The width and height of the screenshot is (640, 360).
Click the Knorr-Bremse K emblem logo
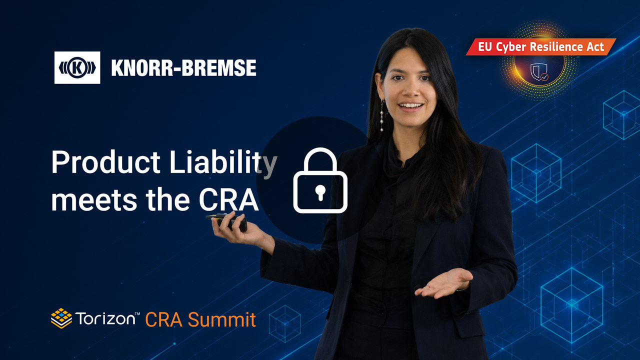point(77,67)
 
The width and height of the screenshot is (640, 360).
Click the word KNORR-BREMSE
point(183,68)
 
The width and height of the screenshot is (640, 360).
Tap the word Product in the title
point(105,162)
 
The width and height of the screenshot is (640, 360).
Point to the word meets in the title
point(94,200)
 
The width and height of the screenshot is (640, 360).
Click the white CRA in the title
point(228,199)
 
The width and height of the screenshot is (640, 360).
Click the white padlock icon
point(320,180)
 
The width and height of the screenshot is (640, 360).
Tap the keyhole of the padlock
point(320,192)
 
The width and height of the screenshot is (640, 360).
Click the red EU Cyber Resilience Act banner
point(541,47)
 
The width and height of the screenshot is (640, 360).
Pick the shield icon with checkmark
point(539,72)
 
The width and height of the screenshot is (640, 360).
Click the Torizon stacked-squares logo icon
point(61,318)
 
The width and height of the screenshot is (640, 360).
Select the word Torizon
point(105,319)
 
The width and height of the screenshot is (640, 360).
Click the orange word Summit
point(221,319)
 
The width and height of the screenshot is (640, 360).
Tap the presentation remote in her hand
point(227,221)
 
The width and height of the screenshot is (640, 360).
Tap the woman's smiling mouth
point(410,106)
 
